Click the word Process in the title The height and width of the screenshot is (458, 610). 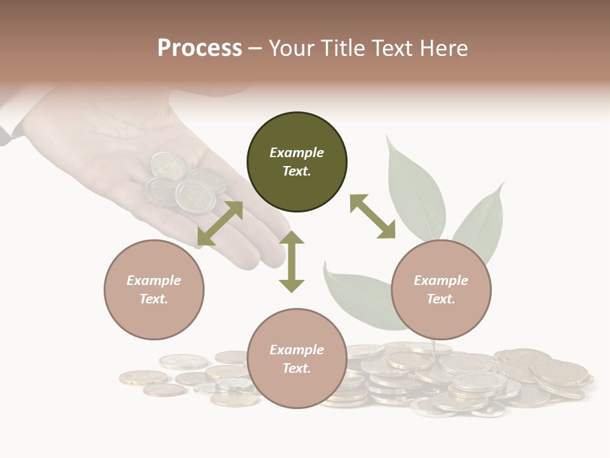coord(200,48)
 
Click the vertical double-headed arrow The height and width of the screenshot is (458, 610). coord(292,261)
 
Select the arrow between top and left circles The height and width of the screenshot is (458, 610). coord(220,223)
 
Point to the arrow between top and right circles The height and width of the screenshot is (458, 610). coord(372,216)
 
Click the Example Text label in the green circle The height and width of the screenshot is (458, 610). coord(297,162)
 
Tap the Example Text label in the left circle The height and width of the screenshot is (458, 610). coord(154,289)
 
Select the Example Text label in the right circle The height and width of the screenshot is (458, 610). coord(441,289)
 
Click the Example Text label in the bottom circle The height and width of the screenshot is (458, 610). coord(297,359)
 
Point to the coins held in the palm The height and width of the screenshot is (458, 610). coord(184,184)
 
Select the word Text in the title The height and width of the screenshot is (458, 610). coord(390,48)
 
